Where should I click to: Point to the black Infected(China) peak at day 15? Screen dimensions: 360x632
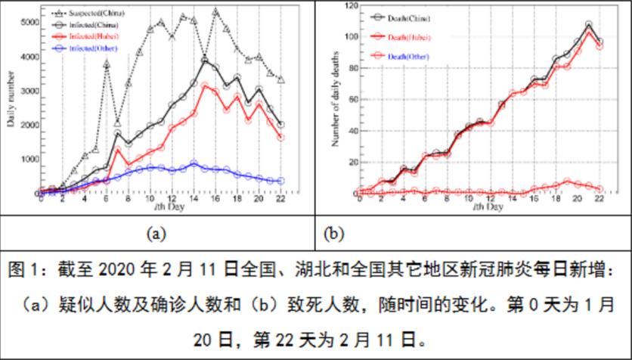click(205, 59)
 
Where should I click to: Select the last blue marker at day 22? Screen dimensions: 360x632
click(280, 181)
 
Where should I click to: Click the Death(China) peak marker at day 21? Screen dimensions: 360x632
click(589, 25)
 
